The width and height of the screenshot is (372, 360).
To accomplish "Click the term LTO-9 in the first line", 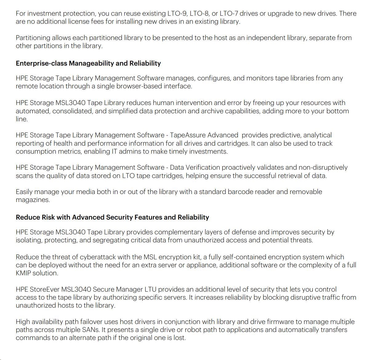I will point(177,14).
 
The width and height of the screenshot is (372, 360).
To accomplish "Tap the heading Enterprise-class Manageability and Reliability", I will point(88,63).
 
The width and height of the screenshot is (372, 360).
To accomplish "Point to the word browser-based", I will point(139,86).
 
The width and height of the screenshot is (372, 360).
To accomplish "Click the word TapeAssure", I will point(188,135).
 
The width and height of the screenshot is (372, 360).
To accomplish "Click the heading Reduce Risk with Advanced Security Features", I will point(112,217).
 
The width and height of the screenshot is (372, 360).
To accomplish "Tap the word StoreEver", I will point(45,289).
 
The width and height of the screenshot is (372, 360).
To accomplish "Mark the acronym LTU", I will point(150,289).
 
